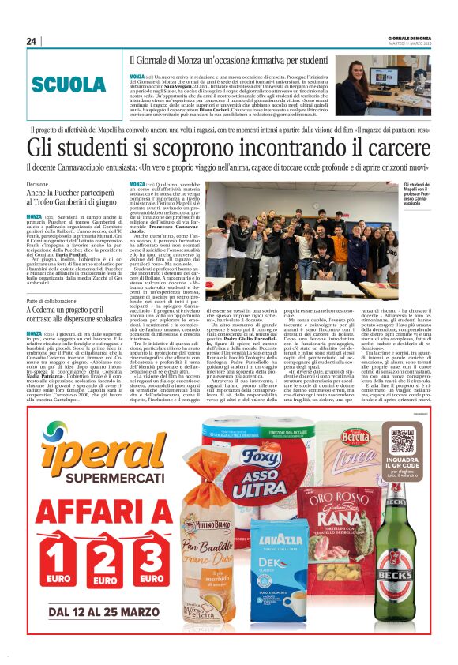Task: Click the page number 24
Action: click(x=31, y=41)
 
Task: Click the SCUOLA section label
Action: click(x=69, y=85)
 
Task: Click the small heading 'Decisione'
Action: click(x=38, y=183)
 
